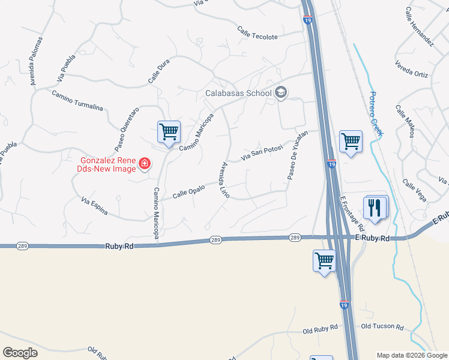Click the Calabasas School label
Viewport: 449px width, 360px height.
(x=238, y=93)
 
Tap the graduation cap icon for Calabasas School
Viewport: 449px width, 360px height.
(x=281, y=93)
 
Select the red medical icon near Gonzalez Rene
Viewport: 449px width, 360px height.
(x=144, y=163)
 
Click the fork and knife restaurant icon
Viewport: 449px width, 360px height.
(x=375, y=208)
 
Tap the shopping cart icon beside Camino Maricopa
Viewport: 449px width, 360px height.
(x=169, y=131)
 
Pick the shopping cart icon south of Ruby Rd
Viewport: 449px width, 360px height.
(x=324, y=261)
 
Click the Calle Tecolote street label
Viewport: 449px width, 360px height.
(x=258, y=33)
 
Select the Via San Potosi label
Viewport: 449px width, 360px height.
(x=261, y=153)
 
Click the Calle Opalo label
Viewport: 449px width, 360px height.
(x=189, y=191)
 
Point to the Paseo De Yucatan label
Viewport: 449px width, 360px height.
(x=297, y=155)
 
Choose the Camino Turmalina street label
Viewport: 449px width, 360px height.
(x=77, y=101)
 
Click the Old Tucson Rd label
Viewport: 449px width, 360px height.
(x=382, y=326)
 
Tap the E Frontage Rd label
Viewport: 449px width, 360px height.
(x=352, y=214)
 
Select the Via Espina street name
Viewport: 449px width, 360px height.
(x=94, y=205)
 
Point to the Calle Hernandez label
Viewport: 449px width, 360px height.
(x=419, y=27)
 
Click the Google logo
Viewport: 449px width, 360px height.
(x=20, y=352)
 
